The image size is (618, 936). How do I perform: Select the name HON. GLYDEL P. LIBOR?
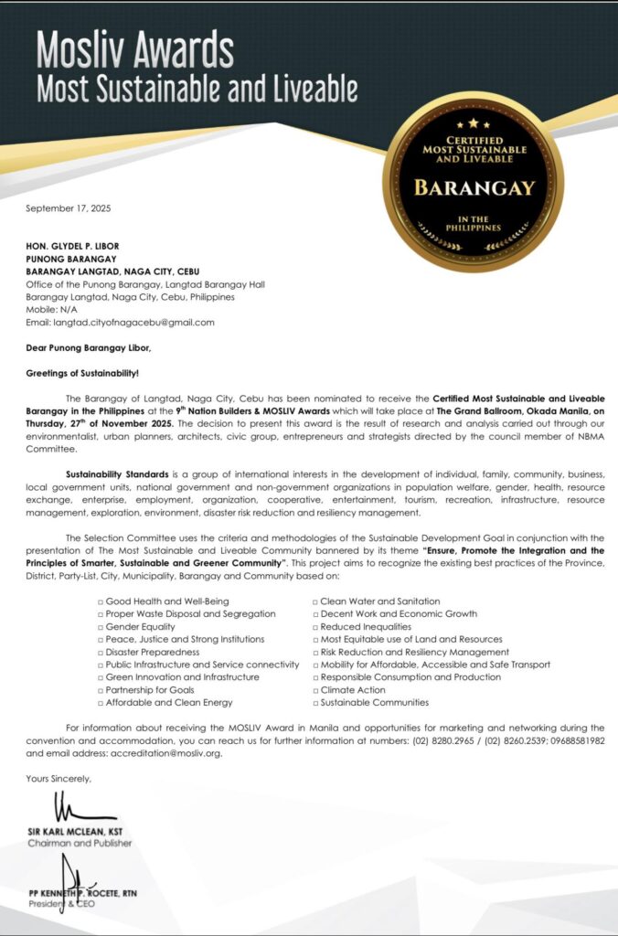pos(77,246)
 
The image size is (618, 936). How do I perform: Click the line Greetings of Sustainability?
pos(82,374)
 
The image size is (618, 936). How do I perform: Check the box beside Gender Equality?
pos(101,627)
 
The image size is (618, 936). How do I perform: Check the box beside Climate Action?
pos(314,690)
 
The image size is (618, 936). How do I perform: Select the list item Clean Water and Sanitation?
pos(379,601)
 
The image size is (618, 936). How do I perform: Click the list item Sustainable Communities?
pos(374,703)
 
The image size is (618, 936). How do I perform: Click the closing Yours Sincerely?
pos(59,779)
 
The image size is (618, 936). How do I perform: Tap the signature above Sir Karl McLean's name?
pos(72,809)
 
